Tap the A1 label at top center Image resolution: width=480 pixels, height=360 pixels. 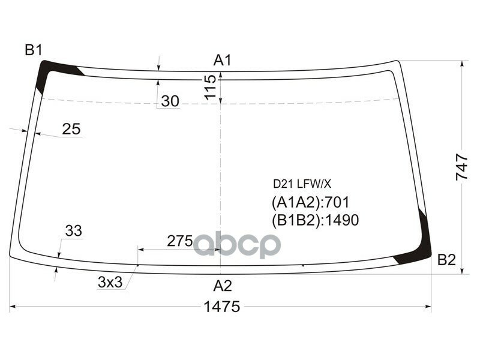tap(223, 59)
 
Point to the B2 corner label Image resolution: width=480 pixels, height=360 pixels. tap(446, 260)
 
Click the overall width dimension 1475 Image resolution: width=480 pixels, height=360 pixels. tap(222, 307)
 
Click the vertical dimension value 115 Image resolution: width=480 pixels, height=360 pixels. tap(209, 87)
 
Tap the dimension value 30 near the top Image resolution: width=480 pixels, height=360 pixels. tap(170, 102)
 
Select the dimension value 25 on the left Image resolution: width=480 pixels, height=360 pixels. tap(71, 128)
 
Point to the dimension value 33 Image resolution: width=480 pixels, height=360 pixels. tap(73, 230)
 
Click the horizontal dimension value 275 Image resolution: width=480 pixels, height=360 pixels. tap(179, 241)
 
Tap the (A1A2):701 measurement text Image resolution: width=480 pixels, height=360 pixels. tap(311, 202)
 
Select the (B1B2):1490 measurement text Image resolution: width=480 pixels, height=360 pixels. tap(316, 220)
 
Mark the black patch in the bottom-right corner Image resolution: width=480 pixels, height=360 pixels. tap(419, 252)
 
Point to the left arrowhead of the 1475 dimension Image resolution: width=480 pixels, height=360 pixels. tap(13, 308)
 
